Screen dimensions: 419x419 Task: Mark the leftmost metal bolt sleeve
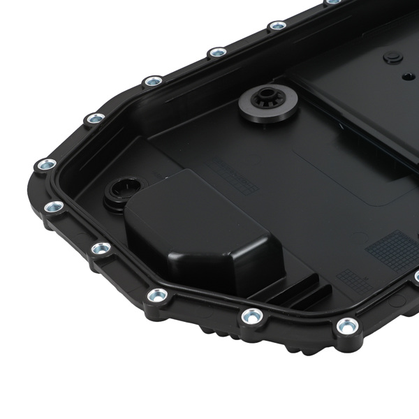(46, 166)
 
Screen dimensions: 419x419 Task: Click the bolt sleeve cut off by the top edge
(334, 2)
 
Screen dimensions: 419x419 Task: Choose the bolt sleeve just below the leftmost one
(53, 207)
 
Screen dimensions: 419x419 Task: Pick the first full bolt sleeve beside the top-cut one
(277, 26)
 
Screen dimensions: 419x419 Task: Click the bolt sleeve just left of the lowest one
(250, 316)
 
